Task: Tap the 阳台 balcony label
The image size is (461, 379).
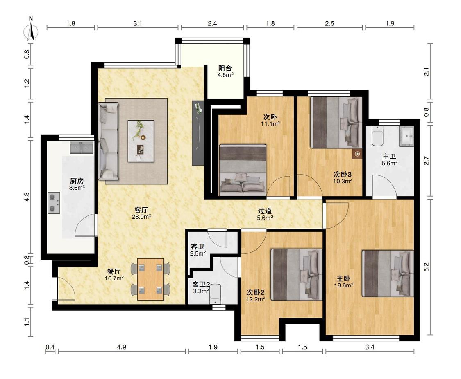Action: click(x=225, y=68)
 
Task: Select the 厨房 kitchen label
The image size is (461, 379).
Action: click(x=77, y=181)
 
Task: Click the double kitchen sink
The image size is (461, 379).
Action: click(x=82, y=148)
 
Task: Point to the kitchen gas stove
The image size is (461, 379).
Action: click(x=54, y=203)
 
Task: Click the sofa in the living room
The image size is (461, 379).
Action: click(x=108, y=141)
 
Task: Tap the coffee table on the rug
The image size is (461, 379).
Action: click(x=141, y=141)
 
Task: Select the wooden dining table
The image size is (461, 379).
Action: click(x=150, y=279)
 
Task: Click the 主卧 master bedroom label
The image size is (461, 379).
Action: click(x=343, y=278)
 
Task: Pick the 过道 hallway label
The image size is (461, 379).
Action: click(x=265, y=211)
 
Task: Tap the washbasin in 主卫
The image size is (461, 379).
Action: click(x=406, y=136)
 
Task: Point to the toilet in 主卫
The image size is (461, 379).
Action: click(x=377, y=136)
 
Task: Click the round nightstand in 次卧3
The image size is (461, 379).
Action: click(x=357, y=154)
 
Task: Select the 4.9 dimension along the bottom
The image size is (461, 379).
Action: click(x=122, y=348)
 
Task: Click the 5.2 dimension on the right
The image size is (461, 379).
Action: click(x=427, y=267)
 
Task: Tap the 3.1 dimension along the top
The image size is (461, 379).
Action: click(x=138, y=23)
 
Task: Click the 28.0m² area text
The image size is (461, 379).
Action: click(x=141, y=217)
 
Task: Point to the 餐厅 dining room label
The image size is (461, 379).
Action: click(x=114, y=271)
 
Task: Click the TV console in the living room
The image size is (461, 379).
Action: click(x=198, y=133)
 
